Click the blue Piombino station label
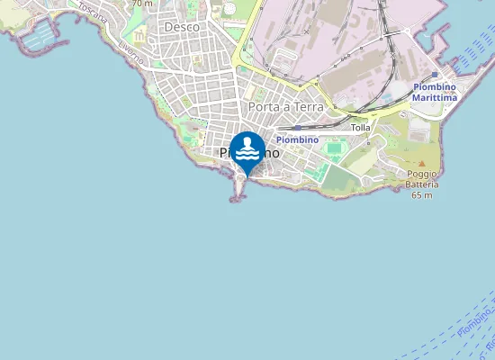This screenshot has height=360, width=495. (297, 139)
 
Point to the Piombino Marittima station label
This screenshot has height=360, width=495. (434, 92)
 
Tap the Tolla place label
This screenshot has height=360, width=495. (360, 128)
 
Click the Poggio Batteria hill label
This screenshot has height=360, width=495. (422, 178)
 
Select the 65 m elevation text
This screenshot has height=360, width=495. (422, 194)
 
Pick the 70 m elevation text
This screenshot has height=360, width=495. (142, 4)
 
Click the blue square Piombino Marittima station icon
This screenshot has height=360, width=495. (435, 75)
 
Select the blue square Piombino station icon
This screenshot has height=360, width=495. (297, 128)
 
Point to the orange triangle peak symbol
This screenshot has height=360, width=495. (421, 163)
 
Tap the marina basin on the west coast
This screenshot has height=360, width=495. (40, 36)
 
